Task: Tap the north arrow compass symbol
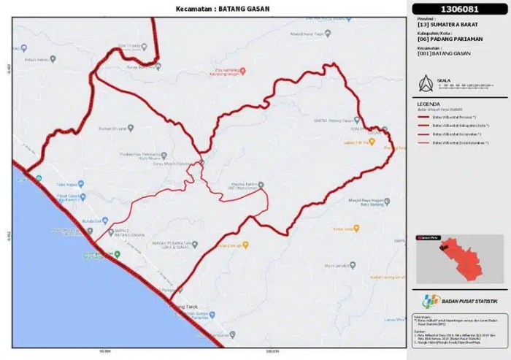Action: point(422,83)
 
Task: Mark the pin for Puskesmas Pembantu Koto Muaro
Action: point(164,155)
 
